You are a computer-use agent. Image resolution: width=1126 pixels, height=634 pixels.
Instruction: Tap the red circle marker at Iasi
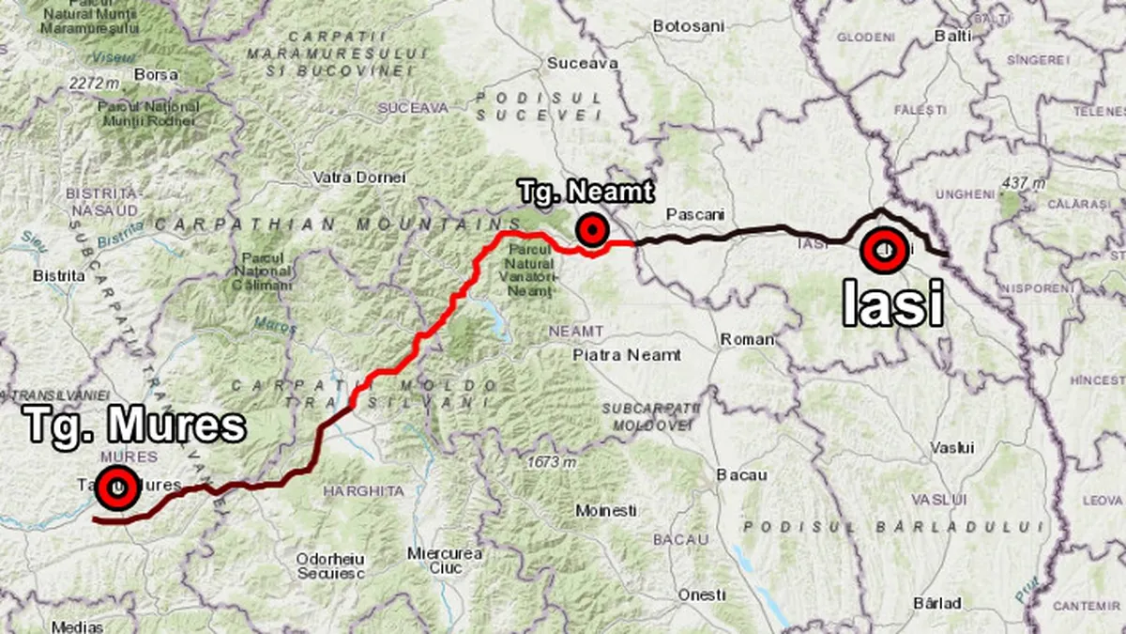point(884,250)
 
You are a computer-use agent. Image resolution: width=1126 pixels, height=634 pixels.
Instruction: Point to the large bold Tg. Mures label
point(135,425)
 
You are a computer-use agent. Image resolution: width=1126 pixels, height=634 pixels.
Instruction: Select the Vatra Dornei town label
point(359,177)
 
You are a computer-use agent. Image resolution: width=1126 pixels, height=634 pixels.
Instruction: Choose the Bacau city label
point(741,475)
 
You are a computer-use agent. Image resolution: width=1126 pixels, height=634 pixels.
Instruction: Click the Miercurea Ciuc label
point(446,560)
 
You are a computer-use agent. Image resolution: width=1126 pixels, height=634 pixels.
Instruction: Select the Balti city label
point(952,36)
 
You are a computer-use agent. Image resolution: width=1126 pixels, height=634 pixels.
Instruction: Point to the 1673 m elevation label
point(551,462)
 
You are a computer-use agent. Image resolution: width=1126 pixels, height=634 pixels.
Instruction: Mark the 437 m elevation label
point(1022,183)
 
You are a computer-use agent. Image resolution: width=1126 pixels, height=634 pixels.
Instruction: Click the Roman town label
point(747,339)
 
